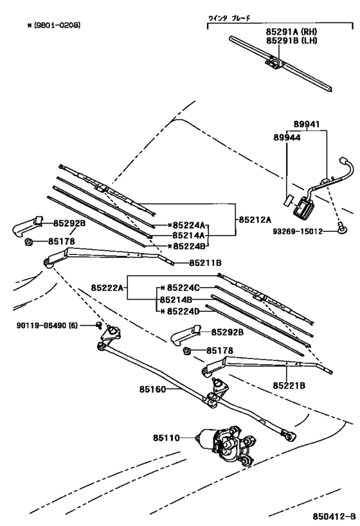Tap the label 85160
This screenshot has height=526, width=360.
(152, 389)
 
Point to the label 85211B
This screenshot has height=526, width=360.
(205, 263)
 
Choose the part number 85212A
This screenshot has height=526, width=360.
(255, 219)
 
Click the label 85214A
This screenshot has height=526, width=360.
(189, 236)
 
